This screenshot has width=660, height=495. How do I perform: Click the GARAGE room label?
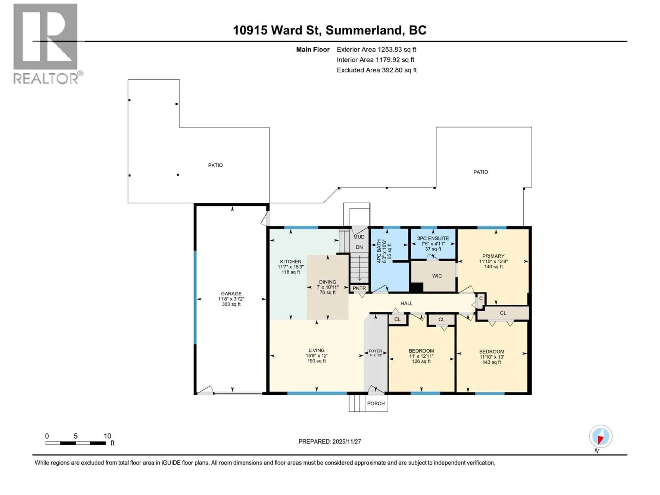click(x=231, y=294)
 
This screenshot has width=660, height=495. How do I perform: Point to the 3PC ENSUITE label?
click(x=433, y=238)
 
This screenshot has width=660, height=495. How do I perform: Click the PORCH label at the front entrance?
click(x=376, y=403)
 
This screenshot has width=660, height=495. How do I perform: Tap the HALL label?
click(x=406, y=303)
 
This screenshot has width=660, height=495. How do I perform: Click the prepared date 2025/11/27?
click(x=346, y=442)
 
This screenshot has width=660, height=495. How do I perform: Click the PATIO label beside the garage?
click(x=215, y=165)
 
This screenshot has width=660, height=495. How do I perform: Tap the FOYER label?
click(x=375, y=351)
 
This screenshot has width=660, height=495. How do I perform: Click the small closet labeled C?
click(x=481, y=298)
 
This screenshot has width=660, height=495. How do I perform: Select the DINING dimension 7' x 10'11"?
click(x=328, y=287)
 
